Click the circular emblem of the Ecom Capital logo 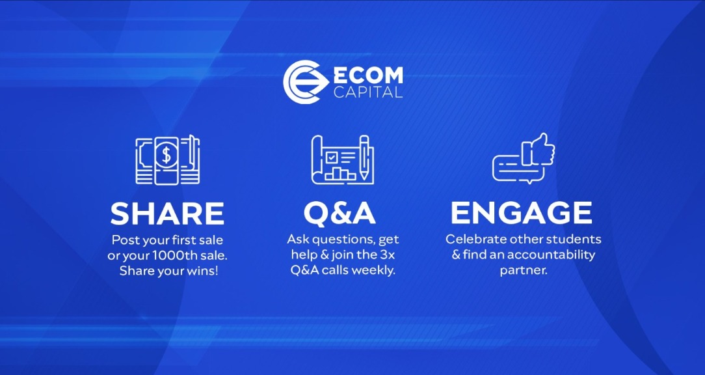pos(304,82)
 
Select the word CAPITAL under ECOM pos(368,92)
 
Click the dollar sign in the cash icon pos(167,156)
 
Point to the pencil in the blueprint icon pos(364,158)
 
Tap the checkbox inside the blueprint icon pos(331,158)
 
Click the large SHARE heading pos(167,213)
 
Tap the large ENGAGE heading pos(522,213)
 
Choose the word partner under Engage pos(524,270)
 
